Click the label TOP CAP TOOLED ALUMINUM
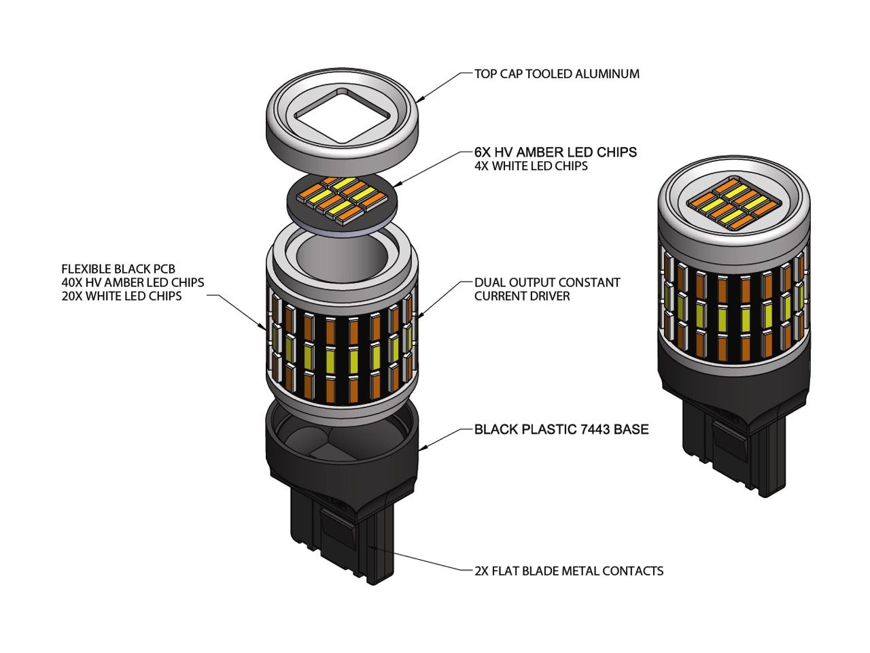[557, 73]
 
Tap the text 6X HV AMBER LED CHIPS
[555, 152]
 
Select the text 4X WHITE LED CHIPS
[531, 165]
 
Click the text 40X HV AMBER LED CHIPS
[133, 282]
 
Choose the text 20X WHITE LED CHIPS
[122, 296]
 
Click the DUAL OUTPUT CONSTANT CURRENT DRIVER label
[547, 289]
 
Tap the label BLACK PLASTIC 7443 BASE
[561, 429]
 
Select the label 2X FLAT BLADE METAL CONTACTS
[569, 571]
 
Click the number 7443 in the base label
[593, 429]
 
